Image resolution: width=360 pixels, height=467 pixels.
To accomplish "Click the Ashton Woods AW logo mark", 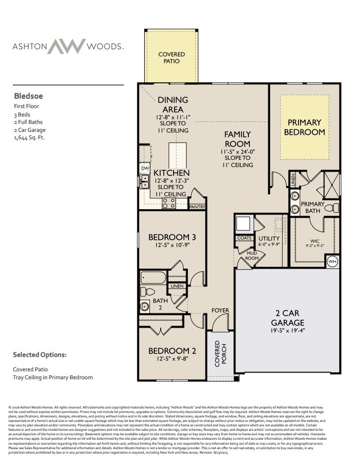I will [68, 46].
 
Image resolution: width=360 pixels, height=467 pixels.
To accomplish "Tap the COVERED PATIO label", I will [172, 58].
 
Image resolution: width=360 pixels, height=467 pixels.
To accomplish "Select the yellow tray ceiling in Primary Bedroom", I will [304, 127].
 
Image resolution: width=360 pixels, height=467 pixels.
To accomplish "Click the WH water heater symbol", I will [332, 261].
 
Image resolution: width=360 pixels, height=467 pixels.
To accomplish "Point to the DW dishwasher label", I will [145, 169].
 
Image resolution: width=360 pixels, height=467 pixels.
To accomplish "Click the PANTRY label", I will [197, 207].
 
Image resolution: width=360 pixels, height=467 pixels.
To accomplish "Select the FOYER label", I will [220, 311].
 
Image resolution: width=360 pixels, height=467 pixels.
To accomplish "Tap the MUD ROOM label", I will [252, 256].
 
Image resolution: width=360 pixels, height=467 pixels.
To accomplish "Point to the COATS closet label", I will [244, 238].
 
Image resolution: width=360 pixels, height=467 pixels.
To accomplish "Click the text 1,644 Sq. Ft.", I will [29, 137].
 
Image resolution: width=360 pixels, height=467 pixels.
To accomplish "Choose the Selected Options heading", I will [40, 355].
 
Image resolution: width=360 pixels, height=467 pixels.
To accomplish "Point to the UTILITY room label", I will [269, 238].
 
